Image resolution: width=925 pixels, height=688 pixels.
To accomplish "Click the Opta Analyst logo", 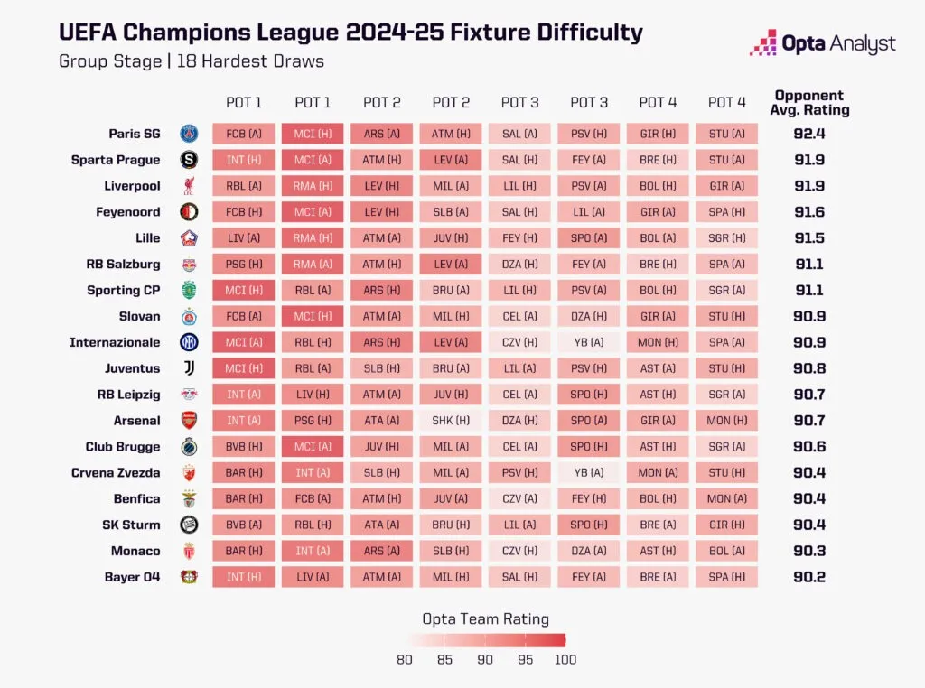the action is (x=822, y=43).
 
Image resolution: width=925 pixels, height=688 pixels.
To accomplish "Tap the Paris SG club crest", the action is (x=189, y=134).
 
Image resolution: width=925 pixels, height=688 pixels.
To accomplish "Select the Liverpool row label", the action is (x=132, y=186).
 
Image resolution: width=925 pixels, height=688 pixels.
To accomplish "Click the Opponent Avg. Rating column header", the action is (x=809, y=103).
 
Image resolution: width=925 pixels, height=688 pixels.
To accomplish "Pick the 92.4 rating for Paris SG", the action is (x=809, y=134).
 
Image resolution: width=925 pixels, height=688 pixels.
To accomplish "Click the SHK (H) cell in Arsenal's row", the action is (x=451, y=421).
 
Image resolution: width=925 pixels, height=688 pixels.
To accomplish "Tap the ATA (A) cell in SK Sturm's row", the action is (x=382, y=525).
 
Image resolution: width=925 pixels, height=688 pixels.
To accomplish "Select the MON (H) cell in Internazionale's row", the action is (x=658, y=342).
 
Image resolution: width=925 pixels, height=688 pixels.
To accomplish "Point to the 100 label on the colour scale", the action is (x=565, y=660).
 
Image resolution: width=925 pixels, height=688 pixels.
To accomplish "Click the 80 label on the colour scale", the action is (x=405, y=660).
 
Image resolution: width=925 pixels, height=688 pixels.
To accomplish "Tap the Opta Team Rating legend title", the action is (x=485, y=619).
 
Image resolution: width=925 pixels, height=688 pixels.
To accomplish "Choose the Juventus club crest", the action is (x=189, y=368).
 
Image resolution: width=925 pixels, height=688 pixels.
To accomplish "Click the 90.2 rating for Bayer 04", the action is (x=809, y=577).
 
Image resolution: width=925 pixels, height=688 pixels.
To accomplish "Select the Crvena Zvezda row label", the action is (x=116, y=473).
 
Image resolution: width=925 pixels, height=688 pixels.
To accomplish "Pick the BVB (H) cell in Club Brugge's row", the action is (x=244, y=447).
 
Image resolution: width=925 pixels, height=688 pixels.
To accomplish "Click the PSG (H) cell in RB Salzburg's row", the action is (x=244, y=265).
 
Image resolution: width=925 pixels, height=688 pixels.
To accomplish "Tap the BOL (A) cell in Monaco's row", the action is (x=727, y=552).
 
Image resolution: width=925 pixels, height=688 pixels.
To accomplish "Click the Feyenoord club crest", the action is (x=189, y=211).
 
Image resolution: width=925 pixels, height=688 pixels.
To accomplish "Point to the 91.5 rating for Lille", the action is (x=809, y=238).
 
